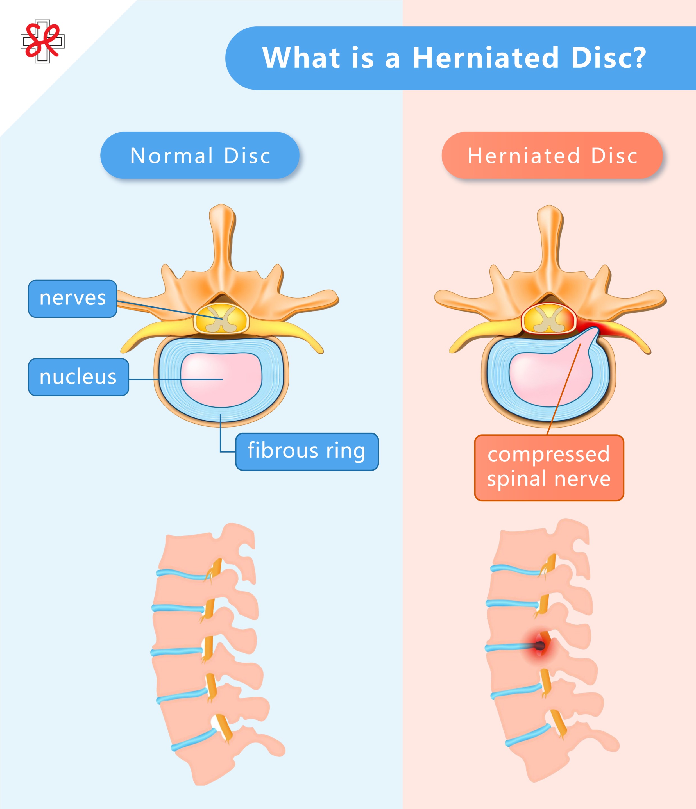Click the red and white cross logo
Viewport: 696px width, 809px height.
click(42, 41)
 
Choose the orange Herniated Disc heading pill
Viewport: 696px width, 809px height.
click(552, 155)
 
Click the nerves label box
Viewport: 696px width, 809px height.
click(73, 299)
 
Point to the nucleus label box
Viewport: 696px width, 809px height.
click(78, 377)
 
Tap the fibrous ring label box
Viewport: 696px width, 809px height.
click(307, 452)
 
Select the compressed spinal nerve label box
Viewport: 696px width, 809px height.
click(549, 467)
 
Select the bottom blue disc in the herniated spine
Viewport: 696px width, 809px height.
click(527, 736)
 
